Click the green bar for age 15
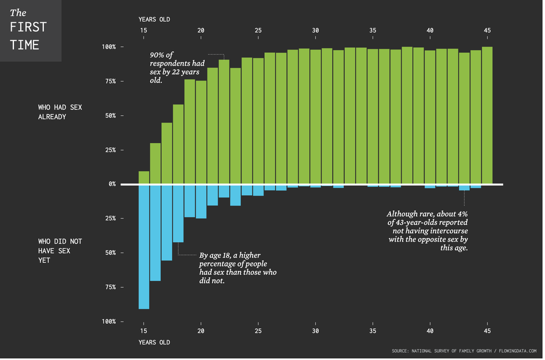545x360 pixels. coord(143,177)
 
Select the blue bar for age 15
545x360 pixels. coord(143,246)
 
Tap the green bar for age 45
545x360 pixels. coord(487,115)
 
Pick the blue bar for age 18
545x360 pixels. coord(178,213)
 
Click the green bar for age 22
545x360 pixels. coord(224,121)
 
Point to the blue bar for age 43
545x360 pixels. coord(464,188)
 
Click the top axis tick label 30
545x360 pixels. coord(315,30)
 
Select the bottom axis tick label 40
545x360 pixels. coord(429,332)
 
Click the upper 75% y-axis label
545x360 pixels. coord(110,81)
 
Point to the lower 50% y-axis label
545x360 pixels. coord(110,253)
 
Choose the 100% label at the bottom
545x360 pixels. coord(108,322)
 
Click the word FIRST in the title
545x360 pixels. coord(28,27)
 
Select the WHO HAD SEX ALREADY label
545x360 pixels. coord(60,111)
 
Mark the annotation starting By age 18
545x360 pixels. coord(237,268)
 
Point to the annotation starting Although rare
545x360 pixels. coord(427,231)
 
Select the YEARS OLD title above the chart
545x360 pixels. coord(154,19)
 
